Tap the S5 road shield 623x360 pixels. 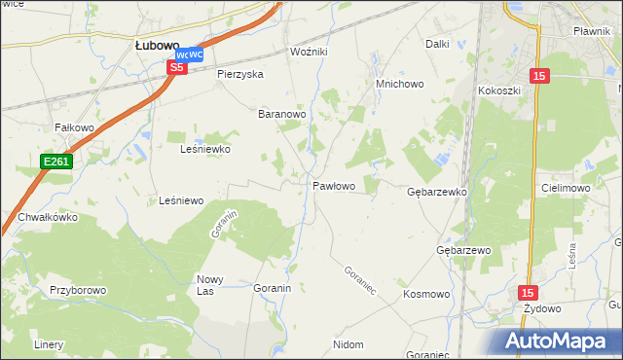pos(176,67)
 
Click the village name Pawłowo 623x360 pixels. pos(333,185)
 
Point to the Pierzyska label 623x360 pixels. pos(240,74)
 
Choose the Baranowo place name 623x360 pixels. pos(282,114)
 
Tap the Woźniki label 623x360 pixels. pos(311,52)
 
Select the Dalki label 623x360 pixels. pos(437,44)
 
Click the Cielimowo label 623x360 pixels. pos(566,188)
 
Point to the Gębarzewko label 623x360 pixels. pos(437,193)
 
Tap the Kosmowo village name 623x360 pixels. pos(426,294)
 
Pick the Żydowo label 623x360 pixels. pos(542,308)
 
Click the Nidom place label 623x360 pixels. pos(348,344)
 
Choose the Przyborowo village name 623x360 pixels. pos(78,290)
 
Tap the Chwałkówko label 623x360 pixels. pos(46,218)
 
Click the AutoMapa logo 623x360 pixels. pos(558,342)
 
